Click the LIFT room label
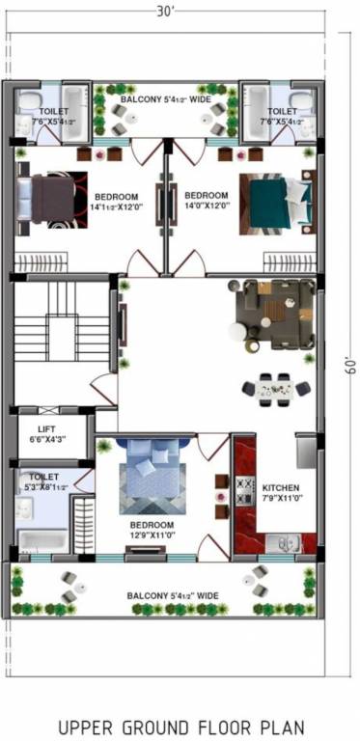46,430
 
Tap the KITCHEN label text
281,488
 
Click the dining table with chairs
276,389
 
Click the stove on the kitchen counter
244,490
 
